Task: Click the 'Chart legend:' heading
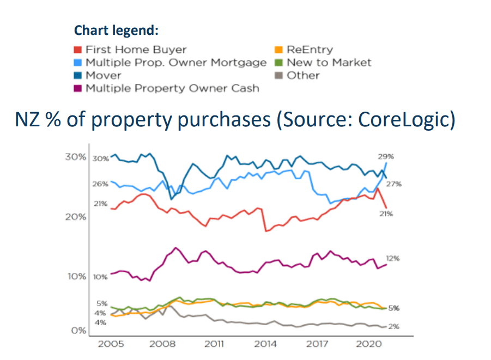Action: [116, 30]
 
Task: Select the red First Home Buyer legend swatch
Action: [78, 50]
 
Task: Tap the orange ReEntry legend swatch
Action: [278, 50]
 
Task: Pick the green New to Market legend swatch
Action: [278, 63]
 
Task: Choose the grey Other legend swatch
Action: [278, 75]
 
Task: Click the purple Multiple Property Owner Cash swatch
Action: [78, 88]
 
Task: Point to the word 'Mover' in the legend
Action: [104, 75]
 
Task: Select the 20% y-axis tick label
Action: [76, 217]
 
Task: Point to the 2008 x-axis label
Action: [162, 344]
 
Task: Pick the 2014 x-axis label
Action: [265, 344]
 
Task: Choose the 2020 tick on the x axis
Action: [368, 344]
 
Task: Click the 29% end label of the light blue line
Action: [386, 156]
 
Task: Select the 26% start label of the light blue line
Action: [101, 184]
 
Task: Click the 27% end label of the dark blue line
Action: [393, 184]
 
